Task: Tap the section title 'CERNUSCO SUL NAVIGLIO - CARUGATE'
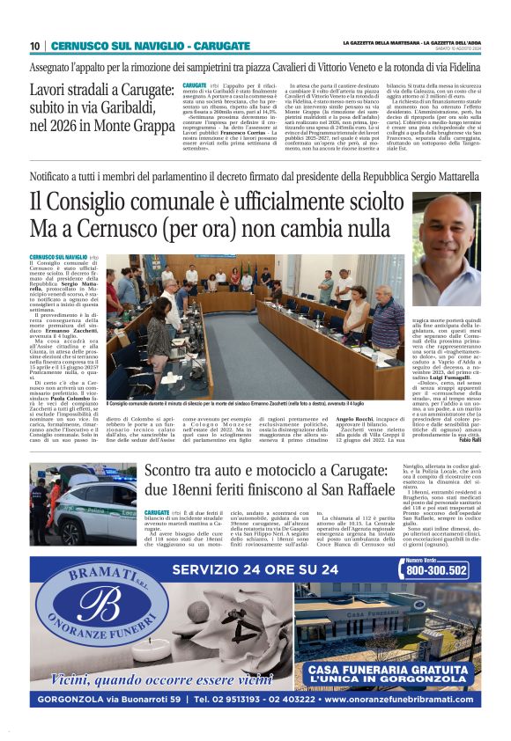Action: coord(135,46)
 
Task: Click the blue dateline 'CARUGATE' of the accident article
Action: coord(156,511)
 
